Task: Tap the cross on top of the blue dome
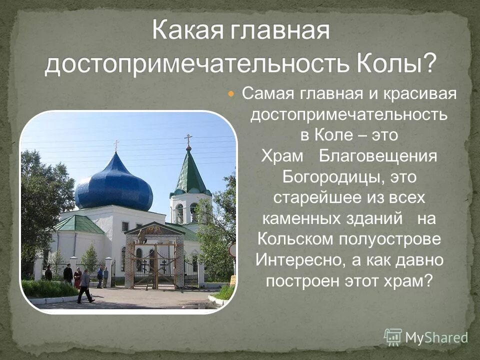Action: [x=116, y=145]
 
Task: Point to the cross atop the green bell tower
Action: [x=188, y=139]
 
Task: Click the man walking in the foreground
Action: [x=85, y=286]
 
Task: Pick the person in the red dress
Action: [x=77, y=277]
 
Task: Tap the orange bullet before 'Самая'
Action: [x=231, y=93]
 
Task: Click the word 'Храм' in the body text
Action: [x=282, y=156]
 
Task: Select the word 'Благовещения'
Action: [x=378, y=156]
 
